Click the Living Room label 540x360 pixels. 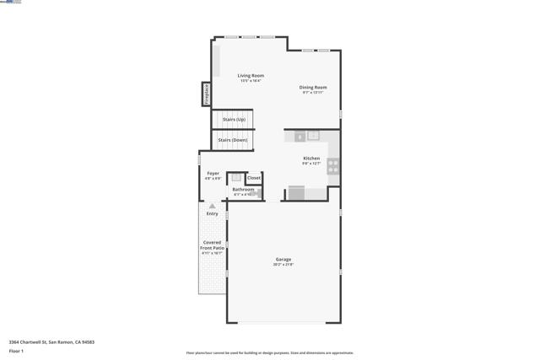[251, 76]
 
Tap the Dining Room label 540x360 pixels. [313, 88]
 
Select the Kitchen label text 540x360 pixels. [311, 159]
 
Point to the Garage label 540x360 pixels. [283, 260]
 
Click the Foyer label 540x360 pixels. [213, 174]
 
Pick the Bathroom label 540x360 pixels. [243, 190]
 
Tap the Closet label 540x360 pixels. [253, 178]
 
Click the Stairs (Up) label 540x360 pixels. [234, 120]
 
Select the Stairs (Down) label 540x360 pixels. [233, 140]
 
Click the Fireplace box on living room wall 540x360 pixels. [205, 94]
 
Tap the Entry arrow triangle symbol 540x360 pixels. [212, 206]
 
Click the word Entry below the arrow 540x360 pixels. [212, 213]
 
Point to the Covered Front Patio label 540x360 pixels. [212, 245]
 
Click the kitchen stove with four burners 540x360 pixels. [333, 166]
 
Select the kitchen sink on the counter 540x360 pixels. [313, 136]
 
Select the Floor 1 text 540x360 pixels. [17, 351]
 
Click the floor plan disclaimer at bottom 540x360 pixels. [269, 353]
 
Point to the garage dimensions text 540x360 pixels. [283, 265]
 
